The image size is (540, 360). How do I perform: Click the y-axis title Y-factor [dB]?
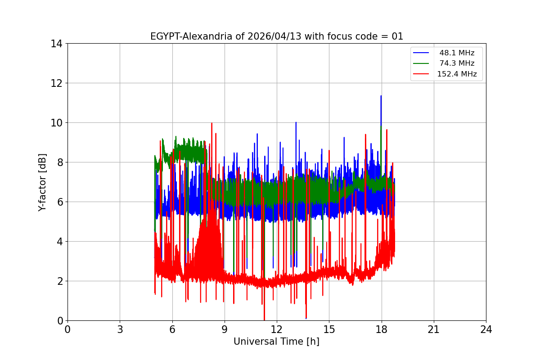(42, 182)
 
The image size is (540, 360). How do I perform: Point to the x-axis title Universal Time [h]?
(276, 342)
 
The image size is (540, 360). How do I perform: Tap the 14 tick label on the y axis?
(56, 44)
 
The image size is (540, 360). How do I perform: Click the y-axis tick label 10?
(56, 123)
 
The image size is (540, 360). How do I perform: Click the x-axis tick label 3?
(120, 329)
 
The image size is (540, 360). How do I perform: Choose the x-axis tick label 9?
(225, 329)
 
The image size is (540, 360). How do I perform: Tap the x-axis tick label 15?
(329, 329)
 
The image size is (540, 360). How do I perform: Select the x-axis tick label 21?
(434, 329)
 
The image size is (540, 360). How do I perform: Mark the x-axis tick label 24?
(486, 329)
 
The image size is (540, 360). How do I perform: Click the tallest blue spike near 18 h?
(381, 96)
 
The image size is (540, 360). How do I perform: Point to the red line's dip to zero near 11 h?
(264, 319)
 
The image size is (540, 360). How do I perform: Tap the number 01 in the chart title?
(397, 36)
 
